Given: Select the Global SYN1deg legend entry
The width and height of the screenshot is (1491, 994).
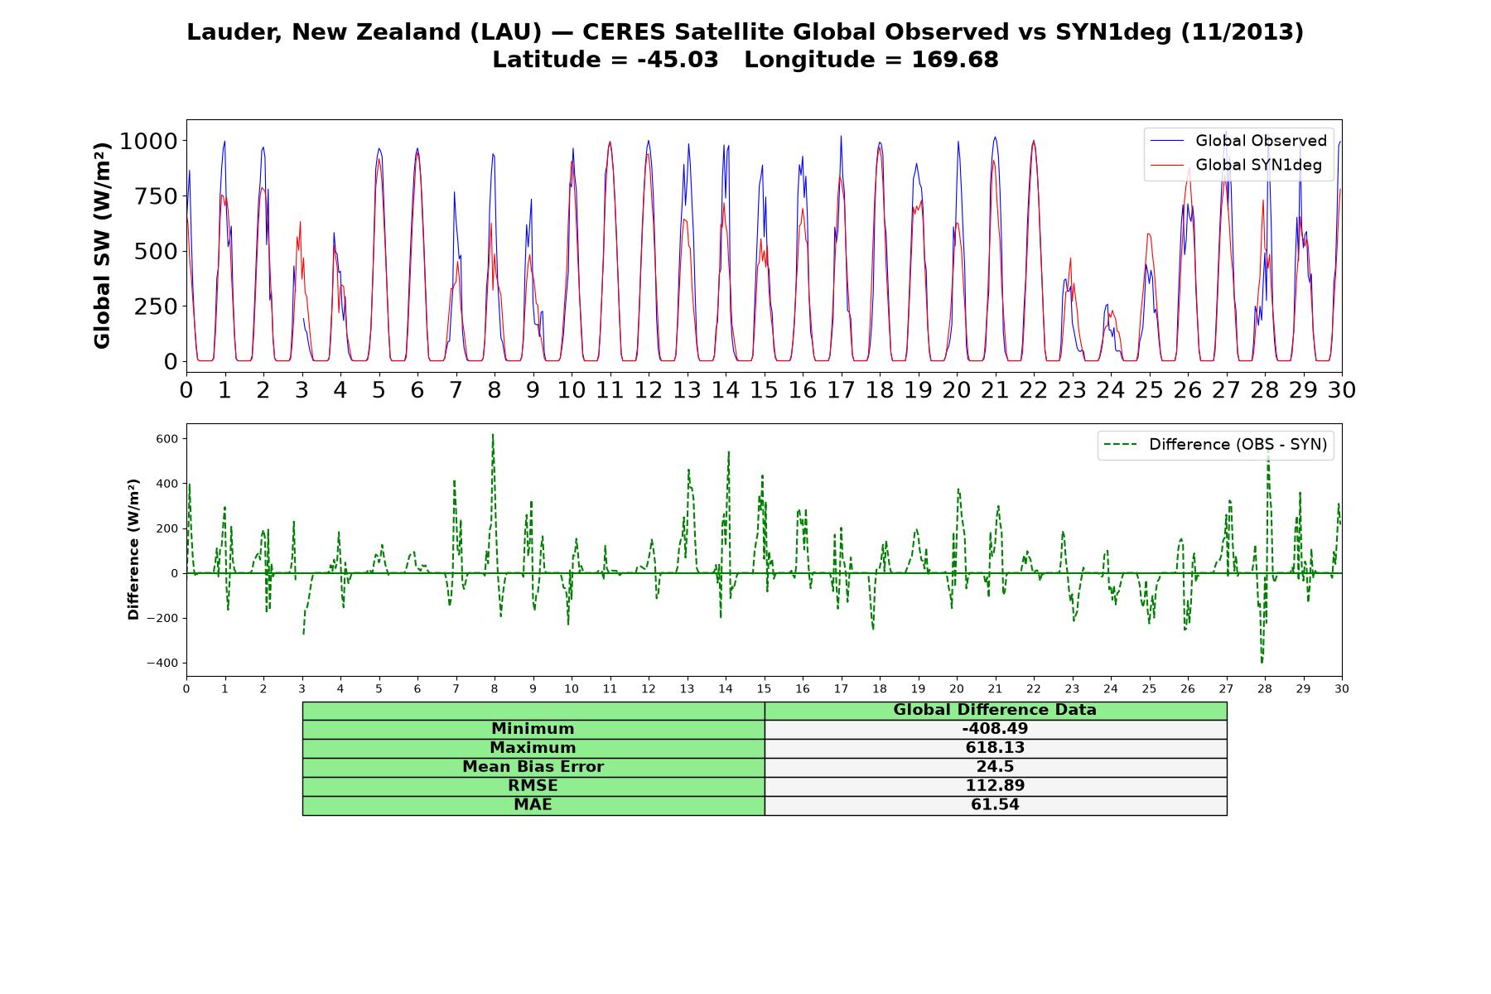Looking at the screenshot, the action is (1236, 165).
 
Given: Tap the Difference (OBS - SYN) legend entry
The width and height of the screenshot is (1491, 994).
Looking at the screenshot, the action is (1215, 445).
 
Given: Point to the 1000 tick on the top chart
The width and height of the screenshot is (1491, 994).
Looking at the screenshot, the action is (149, 141).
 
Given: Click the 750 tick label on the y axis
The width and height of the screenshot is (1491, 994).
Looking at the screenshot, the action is (157, 196).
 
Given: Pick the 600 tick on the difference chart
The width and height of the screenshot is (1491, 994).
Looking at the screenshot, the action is (167, 439).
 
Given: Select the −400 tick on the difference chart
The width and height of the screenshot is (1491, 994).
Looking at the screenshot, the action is (164, 663).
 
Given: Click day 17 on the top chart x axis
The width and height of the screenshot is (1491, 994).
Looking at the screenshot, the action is (841, 390).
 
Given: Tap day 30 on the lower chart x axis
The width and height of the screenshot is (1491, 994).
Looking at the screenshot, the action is (1342, 688).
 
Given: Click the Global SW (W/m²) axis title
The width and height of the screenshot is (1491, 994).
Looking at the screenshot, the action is (102, 245).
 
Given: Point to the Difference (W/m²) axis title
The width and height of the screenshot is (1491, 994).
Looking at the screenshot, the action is (133, 550).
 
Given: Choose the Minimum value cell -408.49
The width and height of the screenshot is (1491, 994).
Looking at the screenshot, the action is (995, 729).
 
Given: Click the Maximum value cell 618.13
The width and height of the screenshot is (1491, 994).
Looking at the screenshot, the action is (995, 748).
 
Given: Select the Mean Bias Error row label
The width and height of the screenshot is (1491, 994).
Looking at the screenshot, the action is (533, 767).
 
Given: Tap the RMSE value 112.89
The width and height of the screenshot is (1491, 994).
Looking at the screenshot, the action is (995, 786).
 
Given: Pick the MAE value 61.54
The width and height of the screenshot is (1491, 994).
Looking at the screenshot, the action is (995, 805).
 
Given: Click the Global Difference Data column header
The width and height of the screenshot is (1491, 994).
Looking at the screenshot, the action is (995, 710).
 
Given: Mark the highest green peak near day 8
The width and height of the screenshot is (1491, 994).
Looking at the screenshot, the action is (493, 435).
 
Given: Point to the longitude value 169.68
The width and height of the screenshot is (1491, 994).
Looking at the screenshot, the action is (955, 60).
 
